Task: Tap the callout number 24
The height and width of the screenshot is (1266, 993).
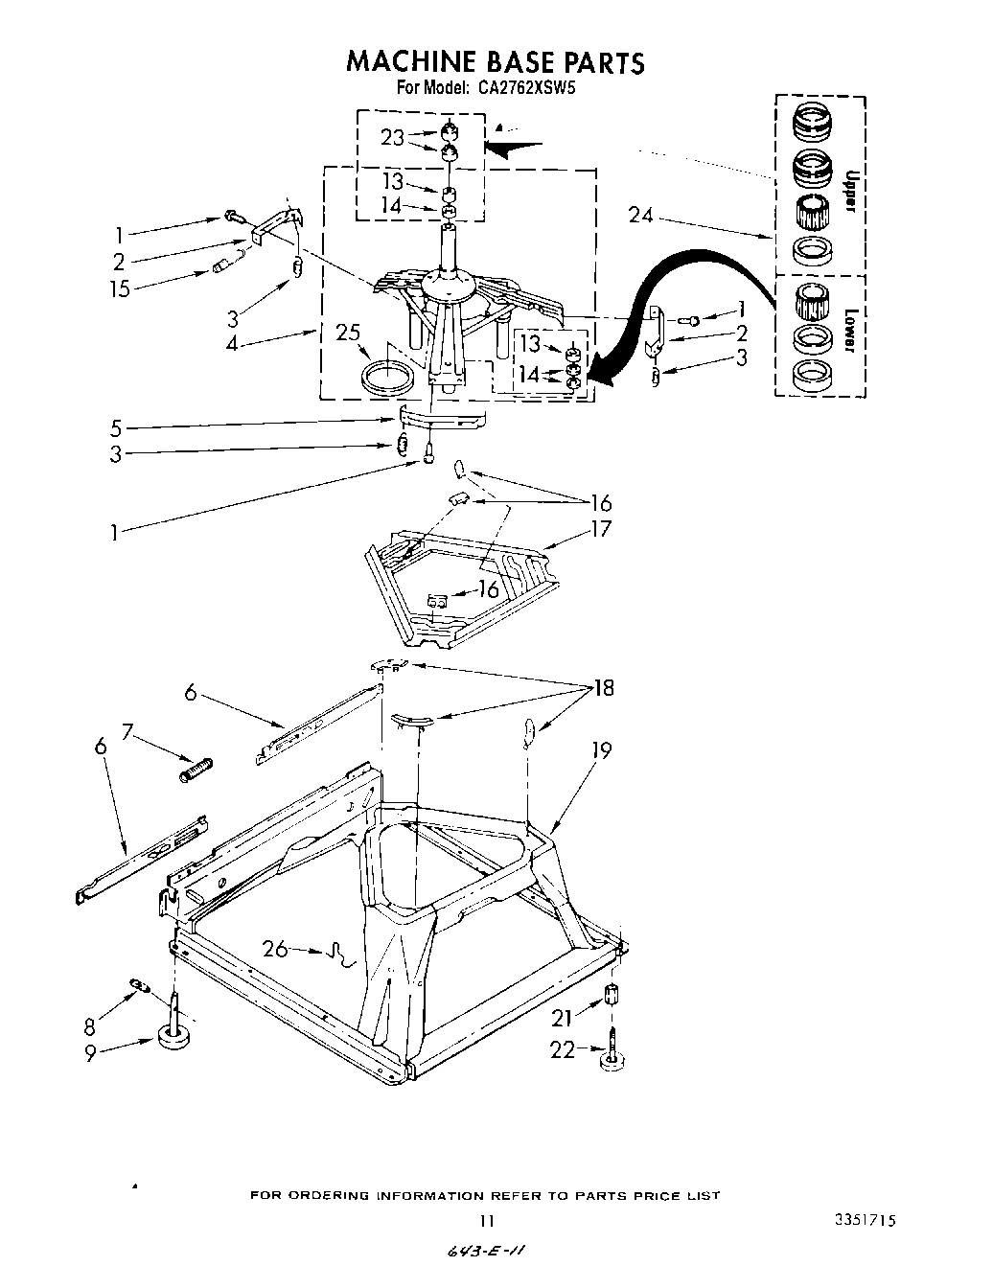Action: (x=640, y=216)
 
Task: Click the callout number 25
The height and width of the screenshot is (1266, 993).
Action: (x=348, y=333)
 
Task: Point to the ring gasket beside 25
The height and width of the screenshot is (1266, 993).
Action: (x=389, y=376)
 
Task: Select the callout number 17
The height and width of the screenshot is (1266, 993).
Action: (x=601, y=528)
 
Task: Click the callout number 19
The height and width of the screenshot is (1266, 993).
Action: (x=601, y=750)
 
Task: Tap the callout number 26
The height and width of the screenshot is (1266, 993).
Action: (x=275, y=950)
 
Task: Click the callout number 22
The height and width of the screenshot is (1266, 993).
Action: (x=564, y=1049)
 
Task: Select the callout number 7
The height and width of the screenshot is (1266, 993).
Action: (x=127, y=732)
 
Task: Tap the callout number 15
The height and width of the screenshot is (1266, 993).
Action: (x=120, y=288)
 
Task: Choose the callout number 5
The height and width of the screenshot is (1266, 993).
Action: (x=116, y=427)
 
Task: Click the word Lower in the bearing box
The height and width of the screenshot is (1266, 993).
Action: (x=848, y=332)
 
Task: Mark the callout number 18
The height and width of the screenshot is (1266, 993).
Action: (x=604, y=688)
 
